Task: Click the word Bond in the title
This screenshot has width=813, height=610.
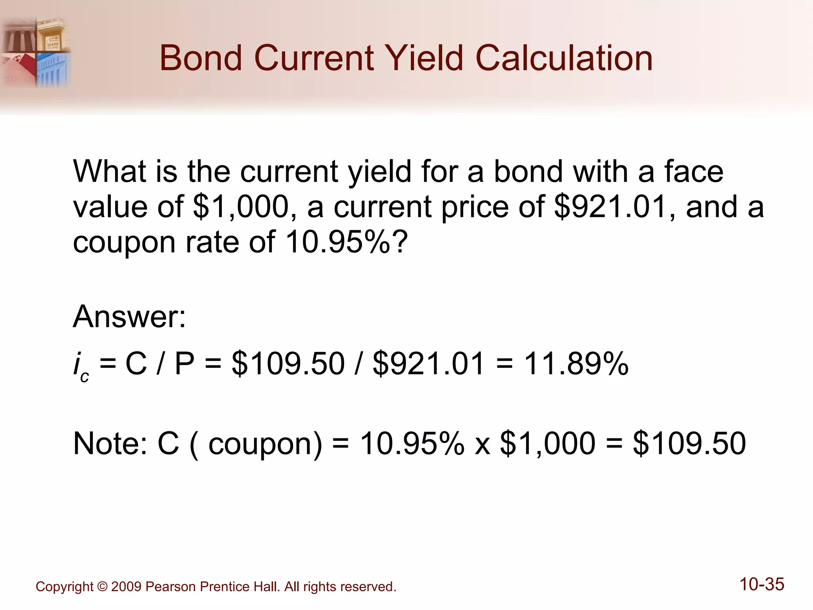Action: tap(201, 58)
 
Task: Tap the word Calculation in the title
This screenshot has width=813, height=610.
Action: tap(564, 58)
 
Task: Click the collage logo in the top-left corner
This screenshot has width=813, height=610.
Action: tap(36, 52)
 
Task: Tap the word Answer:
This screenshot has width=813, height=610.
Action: tap(129, 317)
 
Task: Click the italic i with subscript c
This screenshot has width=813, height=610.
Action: tap(81, 366)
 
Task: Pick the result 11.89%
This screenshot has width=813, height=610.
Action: tap(576, 363)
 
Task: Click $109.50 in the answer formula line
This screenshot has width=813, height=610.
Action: tap(288, 363)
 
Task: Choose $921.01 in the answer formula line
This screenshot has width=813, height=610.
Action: tap(428, 363)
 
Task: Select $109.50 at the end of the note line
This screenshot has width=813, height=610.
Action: tap(690, 444)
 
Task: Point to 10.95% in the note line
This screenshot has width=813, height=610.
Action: tap(412, 444)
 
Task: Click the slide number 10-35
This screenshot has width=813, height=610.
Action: tap(761, 584)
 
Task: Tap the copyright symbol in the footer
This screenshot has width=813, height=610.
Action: tap(102, 587)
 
